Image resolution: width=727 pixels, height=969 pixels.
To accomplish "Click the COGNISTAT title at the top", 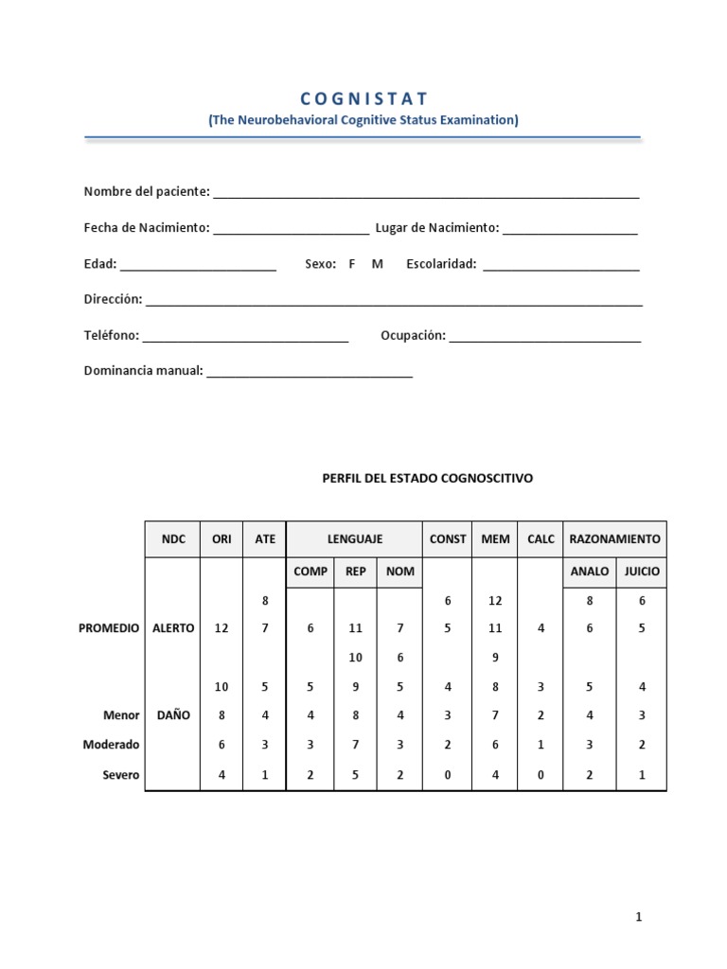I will (363, 98).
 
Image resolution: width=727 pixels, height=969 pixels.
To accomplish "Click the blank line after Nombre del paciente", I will (426, 194).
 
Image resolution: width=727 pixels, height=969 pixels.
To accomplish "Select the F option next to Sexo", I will (352, 264).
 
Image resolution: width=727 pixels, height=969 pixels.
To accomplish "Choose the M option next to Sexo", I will (378, 264).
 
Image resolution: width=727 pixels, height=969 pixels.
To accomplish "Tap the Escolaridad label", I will (441, 264).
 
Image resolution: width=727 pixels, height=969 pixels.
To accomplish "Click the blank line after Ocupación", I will (545, 338).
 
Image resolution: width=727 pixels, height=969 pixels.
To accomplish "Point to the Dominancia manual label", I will (144, 371).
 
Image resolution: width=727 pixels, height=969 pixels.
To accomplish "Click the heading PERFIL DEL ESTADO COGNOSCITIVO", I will (428, 479).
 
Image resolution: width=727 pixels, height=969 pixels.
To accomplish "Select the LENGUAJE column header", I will (355, 539).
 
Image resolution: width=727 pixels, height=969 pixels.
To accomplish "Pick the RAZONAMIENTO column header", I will (614, 539).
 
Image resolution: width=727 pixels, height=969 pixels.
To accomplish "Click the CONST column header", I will (448, 539).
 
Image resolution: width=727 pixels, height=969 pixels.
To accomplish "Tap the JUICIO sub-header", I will (641, 572).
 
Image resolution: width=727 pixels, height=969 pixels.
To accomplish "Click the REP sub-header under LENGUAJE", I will (356, 572).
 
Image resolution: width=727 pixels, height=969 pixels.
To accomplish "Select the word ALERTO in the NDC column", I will (173, 628).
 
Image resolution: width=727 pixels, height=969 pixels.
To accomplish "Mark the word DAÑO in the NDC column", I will (173, 715).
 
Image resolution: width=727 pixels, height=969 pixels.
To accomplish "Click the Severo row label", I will (121, 775).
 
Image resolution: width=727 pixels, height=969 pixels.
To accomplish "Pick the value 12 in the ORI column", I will (221, 628).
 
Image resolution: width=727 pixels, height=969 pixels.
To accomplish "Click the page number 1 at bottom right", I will (639, 917).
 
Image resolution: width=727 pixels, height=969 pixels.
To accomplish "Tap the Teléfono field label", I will (112, 336).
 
